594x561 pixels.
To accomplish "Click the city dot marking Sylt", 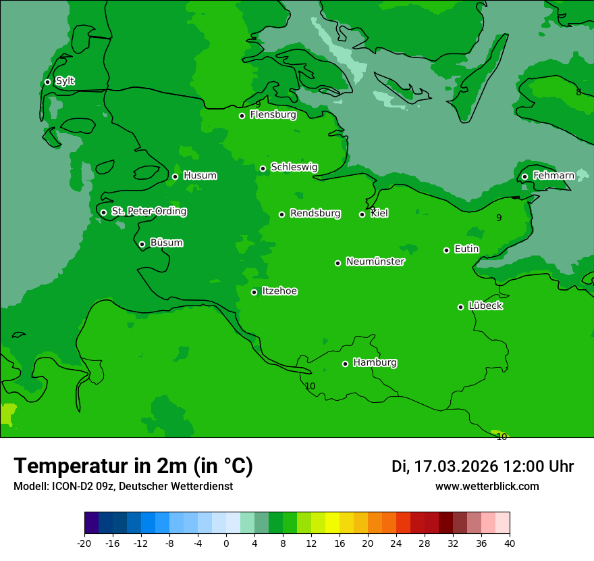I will pos(47,82).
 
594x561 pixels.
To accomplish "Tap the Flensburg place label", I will pos(273,115).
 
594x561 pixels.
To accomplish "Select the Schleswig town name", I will pos(294,167).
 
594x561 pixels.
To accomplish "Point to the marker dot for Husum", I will pos(175,176).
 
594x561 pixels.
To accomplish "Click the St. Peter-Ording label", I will pos(148,212).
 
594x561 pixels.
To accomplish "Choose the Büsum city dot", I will pos(142,244).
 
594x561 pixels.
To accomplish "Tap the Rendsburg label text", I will pos(315,214).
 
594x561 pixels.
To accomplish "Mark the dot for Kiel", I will pos(362,214).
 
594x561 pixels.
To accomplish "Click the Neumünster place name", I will pos(375,262).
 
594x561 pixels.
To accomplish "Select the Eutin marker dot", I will pos(446,250).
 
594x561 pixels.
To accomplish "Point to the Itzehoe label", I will pos(279,291).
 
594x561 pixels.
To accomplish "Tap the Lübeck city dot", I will pos(460,307).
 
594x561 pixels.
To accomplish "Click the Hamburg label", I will pos(375,363).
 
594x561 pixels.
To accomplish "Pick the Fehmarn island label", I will pos(553,176).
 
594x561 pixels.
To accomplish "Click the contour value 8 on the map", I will pos(578,92).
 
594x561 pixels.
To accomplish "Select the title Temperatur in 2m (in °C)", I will pos(133,466).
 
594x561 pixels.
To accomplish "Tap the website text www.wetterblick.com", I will pos(487,486).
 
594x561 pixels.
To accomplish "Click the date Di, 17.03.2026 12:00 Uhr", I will pos(483,466).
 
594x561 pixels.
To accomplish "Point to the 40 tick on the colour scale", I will pos(510,543).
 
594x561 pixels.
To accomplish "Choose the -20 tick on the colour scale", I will pos(84,543).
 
